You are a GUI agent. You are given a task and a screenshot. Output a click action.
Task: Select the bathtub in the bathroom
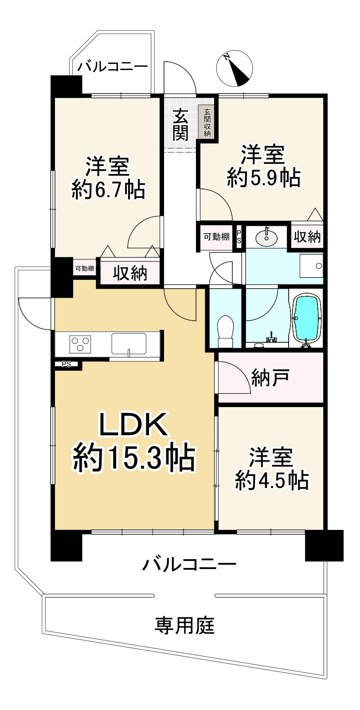[x=306, y=319]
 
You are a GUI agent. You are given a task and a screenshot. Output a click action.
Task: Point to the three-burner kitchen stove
[x=80, y=344]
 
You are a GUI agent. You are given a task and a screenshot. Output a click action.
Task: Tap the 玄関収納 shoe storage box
[x=207, y=122]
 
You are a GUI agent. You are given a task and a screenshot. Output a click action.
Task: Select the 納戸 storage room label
[x=270, y=377]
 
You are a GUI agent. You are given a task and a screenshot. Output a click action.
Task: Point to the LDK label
[x=133, y=424]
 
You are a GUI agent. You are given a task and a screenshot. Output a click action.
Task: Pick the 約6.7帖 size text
[x=108, y=190]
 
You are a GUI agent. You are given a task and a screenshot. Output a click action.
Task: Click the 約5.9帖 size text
[x=263, y=177]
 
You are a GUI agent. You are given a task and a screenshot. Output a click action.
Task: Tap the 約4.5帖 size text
[x=271, y=480]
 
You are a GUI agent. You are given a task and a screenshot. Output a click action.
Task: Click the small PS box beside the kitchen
[x=67, y=365]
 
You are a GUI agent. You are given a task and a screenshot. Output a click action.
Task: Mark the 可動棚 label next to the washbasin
[x=216, y=237]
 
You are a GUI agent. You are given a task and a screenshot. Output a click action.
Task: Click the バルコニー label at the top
[x=113, y=67]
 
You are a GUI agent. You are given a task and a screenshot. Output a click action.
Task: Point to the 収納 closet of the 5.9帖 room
[x=307, y=237]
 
